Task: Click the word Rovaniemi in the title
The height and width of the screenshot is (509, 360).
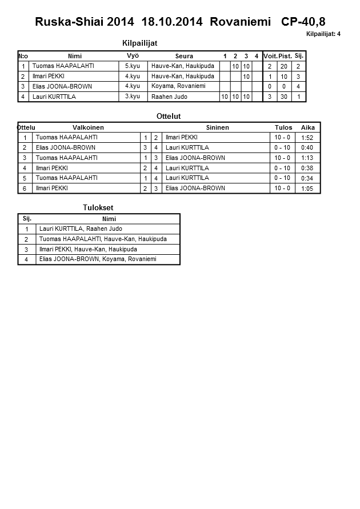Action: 240,22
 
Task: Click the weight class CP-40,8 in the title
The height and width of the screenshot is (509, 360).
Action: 303,22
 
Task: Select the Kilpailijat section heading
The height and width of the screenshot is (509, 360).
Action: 140,43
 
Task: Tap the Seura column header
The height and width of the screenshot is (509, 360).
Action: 184,56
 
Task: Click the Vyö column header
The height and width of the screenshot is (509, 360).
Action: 133,55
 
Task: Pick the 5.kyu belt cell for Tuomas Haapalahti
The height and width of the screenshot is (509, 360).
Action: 133,66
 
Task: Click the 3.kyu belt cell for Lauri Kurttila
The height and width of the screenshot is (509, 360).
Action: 133,97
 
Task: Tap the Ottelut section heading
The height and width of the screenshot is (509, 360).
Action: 169,116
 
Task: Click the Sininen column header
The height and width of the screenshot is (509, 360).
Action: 217,127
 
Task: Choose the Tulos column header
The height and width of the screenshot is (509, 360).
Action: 283,127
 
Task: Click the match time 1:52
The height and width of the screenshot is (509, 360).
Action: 307,138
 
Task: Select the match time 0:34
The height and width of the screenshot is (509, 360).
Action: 307,178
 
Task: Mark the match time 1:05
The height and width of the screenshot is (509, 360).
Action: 307,189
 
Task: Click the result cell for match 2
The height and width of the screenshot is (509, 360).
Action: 282,147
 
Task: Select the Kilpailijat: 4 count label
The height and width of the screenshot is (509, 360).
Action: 323,34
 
